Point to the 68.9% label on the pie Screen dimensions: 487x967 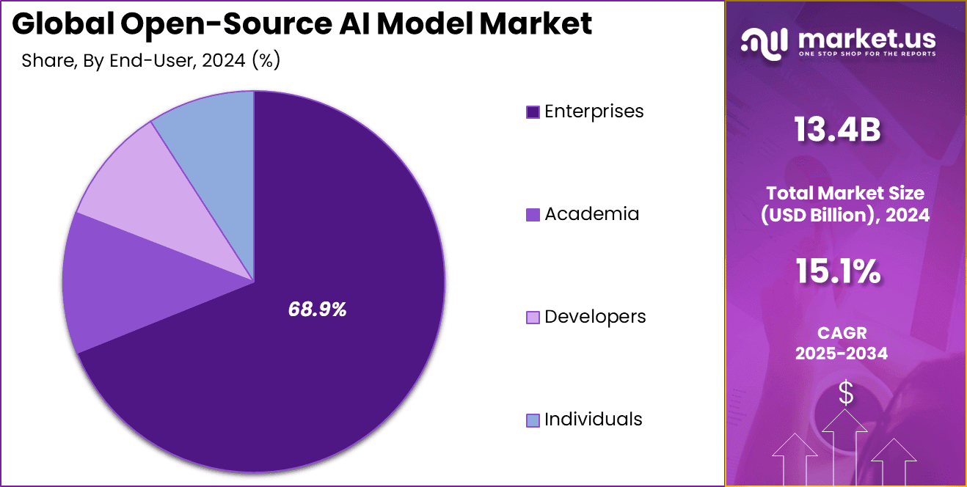[x=317, y=310]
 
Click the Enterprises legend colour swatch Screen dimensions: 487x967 [x=533, y=112]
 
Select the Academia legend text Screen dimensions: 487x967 [x=591, y=214]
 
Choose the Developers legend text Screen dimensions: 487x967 [x=595, y=317]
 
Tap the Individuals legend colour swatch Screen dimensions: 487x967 [x=533, y=420]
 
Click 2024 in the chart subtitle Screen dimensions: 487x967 [x=225, y=61]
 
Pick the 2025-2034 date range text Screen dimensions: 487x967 [x=841, y=354]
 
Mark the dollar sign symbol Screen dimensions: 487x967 [x=846, y=393]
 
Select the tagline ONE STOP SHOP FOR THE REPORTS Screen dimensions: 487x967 [x=866, y=54]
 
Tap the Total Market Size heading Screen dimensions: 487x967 [x=845, y=194]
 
